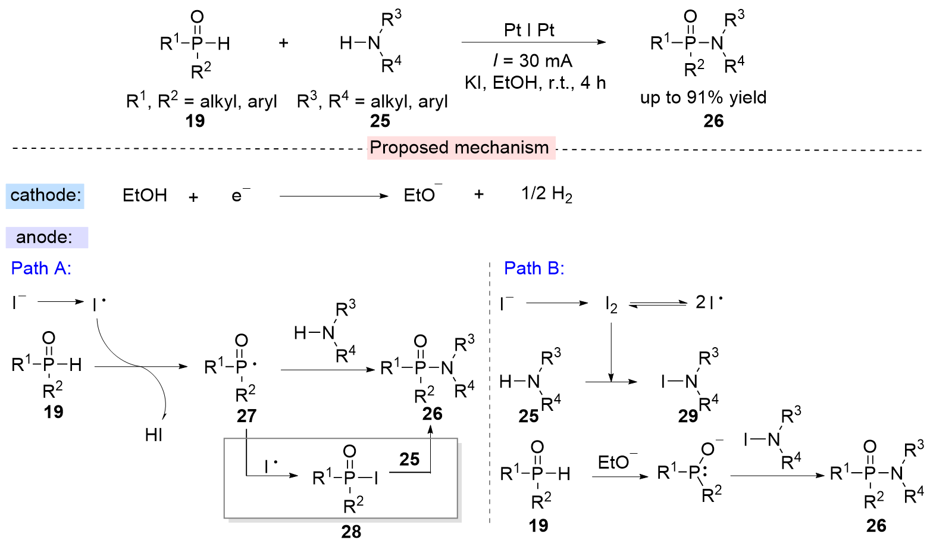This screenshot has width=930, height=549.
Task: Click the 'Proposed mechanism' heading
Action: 459,148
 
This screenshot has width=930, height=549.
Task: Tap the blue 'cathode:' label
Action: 45,196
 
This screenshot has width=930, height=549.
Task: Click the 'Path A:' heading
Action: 41,269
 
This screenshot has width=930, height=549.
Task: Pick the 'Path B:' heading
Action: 534,269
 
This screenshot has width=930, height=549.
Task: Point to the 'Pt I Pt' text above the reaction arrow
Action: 529,30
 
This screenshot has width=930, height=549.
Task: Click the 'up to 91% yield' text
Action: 703,98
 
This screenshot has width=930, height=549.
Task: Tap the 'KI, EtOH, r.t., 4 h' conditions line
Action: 535,83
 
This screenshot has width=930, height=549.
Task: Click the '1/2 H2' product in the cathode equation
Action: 546,194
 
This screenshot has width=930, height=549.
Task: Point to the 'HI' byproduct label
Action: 154,435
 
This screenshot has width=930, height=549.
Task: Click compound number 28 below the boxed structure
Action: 351,531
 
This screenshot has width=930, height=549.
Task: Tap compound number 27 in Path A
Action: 246,416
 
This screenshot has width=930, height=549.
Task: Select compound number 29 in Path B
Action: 688,416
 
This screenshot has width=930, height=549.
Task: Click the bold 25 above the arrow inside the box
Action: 409,460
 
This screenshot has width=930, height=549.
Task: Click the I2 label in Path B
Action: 611,304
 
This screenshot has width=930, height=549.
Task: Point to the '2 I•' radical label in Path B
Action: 709,302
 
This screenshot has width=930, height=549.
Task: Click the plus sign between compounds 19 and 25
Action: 284,43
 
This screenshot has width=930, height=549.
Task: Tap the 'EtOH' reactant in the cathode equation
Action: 145,196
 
